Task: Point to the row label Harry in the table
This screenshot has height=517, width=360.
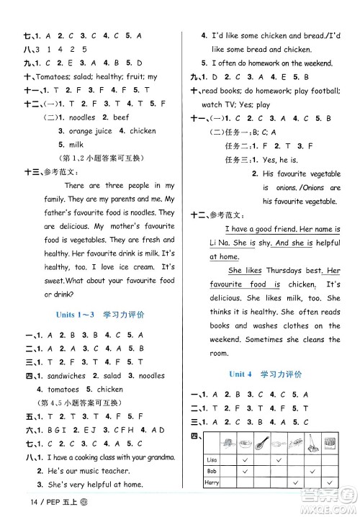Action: tap(212, 482)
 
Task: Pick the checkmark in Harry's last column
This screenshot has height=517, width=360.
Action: tap(330, 482)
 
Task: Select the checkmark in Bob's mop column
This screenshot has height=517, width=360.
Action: tap(311, 469)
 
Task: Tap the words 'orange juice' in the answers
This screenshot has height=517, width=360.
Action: tap(90, 131)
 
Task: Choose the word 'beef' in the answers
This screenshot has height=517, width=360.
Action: tap(120, 117)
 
